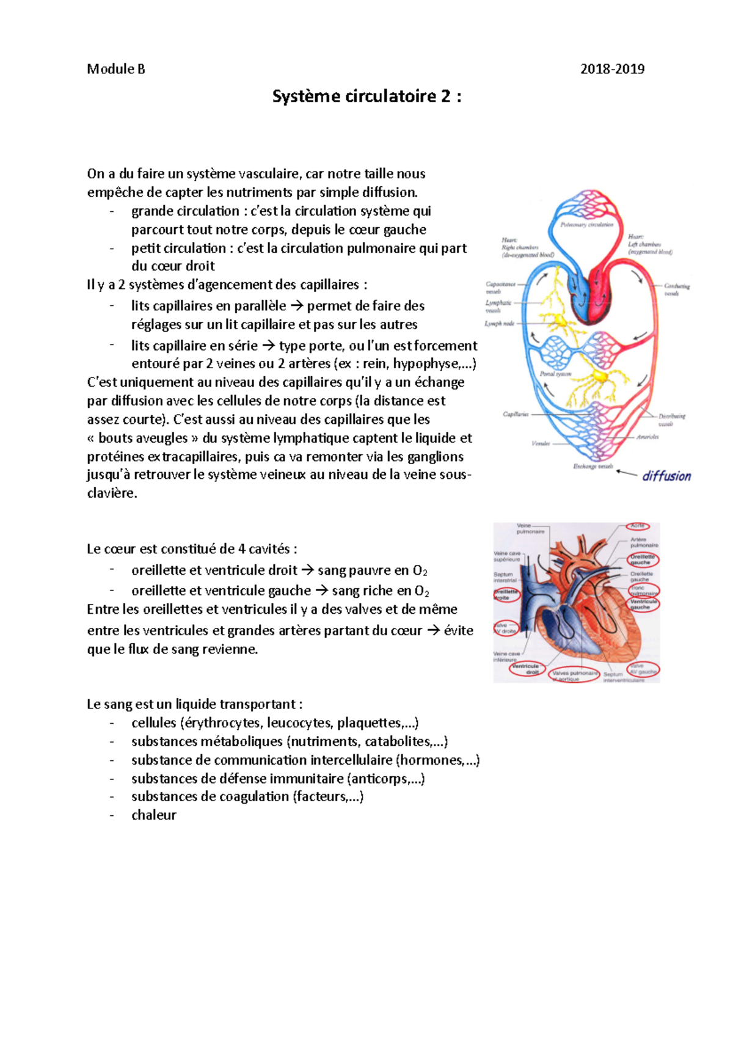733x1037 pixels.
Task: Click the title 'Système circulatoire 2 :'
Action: (366, 97)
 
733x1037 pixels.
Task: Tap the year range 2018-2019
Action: (612, 69)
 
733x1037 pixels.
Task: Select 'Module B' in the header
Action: (116, 69)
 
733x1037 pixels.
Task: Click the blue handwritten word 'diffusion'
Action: (666, 476)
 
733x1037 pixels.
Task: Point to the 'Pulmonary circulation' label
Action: (587, 225)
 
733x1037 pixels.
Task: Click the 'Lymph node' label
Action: (500, 324)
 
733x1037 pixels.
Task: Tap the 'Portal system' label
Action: (555, 374)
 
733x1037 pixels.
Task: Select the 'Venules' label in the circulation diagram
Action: (540, 443)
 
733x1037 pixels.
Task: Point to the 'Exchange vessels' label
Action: (593, 467)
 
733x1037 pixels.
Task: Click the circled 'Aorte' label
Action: (638, 526)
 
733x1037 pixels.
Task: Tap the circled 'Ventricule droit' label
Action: (526, 669)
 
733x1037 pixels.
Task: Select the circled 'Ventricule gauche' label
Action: (643, 604)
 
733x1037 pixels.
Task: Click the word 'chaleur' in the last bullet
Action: (154, 815)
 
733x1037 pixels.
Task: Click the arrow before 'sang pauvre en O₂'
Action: (307, 570)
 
